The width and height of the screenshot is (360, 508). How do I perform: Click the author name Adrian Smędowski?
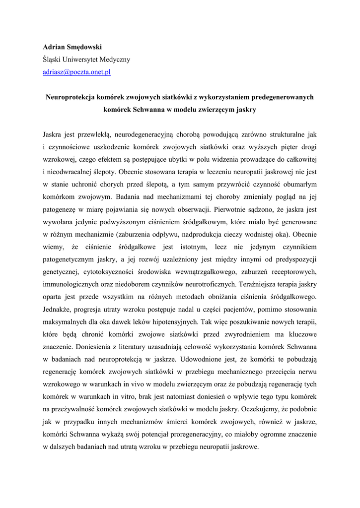coord(72,47)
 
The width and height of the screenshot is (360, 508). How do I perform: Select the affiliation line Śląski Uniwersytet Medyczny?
coord(86,60)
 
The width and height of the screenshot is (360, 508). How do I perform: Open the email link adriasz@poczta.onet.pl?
coord(76,72)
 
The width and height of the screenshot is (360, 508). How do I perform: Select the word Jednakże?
coord(57,309)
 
